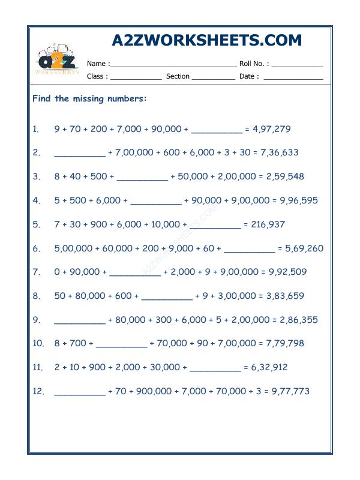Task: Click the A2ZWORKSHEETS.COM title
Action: (207, 40)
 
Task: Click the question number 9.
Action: (36, 320)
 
